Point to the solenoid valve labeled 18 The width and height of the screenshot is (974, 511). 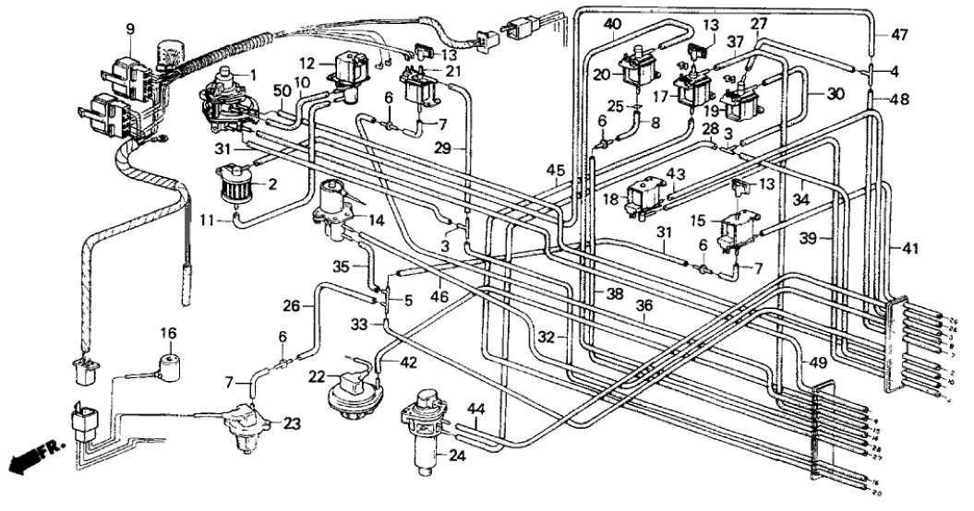click(x=647, y=196)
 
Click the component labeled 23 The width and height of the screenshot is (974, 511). click(x=245, y=427)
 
